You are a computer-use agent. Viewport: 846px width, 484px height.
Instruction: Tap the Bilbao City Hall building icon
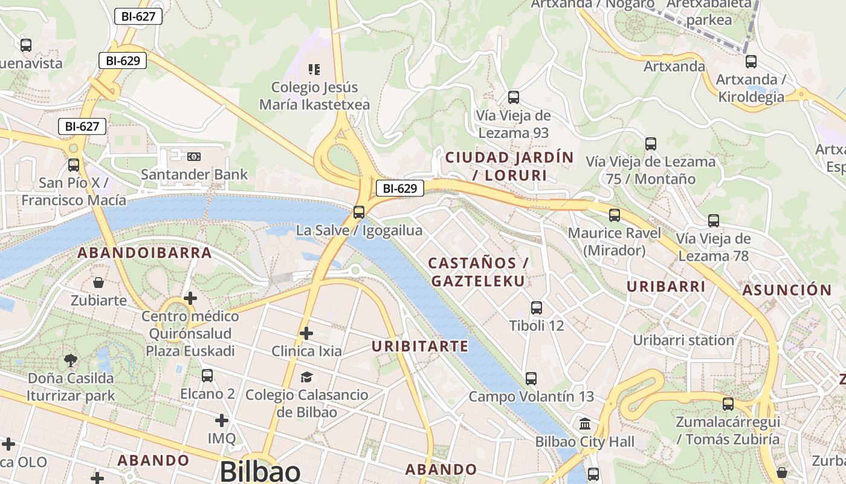click(585, 423)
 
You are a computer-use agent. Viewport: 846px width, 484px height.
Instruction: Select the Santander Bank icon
click(194, 157)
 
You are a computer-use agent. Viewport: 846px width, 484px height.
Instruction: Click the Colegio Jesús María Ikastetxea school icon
click(314, 69)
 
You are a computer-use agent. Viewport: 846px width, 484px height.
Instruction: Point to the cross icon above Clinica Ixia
click(306, 333)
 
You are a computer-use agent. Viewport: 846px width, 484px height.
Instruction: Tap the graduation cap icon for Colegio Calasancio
click(306, 377)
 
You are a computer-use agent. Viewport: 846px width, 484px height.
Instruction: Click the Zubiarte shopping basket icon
click(98, 283)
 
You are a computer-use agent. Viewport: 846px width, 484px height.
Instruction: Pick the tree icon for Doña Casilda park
click(71, 361)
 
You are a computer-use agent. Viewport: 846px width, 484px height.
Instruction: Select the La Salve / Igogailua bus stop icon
click(359, 212)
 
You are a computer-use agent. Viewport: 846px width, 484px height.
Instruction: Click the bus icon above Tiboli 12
click(536, 308)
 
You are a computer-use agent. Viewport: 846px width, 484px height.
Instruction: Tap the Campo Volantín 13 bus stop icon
click(531, 379)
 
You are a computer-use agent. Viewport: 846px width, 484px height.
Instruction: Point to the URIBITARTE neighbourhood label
click(420, 346)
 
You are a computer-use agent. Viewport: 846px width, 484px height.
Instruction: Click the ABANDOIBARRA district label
click(145, 253)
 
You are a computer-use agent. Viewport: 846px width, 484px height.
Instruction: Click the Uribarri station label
click(683, 340)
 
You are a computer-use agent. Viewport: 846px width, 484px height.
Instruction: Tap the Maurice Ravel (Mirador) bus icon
click(615, 215)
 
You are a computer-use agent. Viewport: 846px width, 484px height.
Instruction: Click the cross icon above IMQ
click(222, 420)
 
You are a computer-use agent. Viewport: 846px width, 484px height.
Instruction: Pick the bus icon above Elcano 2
click(207, 375)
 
